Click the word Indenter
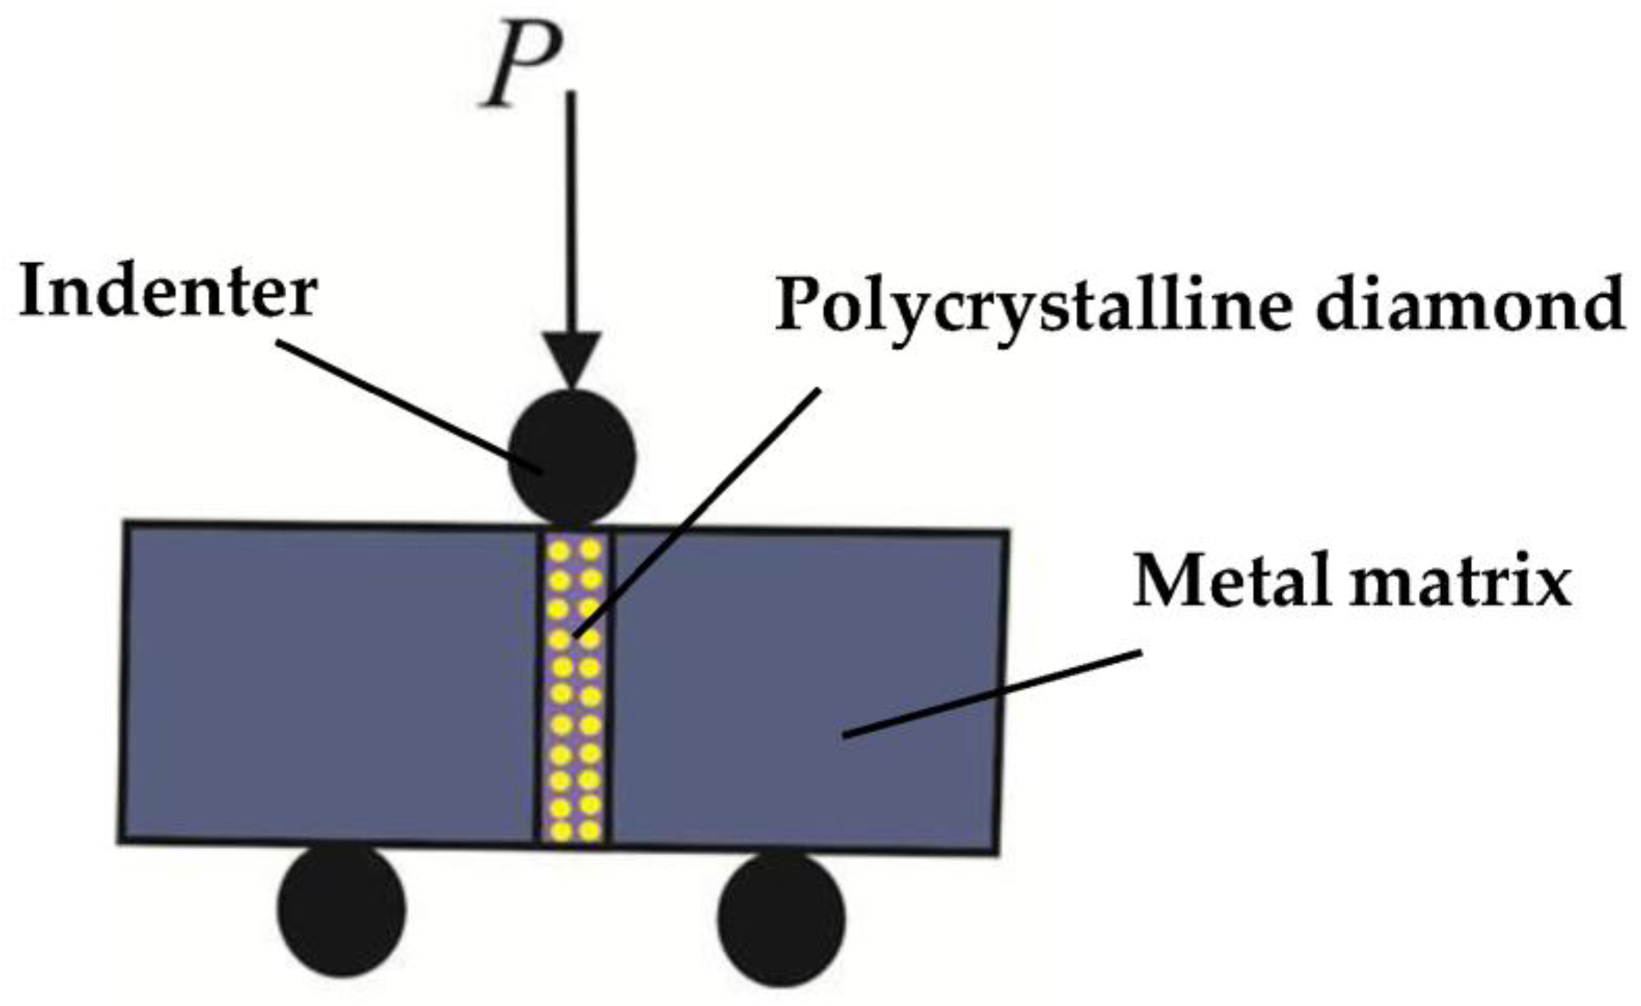pyautogui.click(x=168, y=293)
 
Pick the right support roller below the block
pyautogui.click(x=782, y=917)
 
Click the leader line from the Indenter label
pyautogui.click(x=408, y=405)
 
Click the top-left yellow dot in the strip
pyautogui.click(x=559, y=551)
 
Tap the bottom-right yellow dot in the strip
pyautogui.click(x=589, y=830)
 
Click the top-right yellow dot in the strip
pyautogui.click(x=590, y=550)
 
